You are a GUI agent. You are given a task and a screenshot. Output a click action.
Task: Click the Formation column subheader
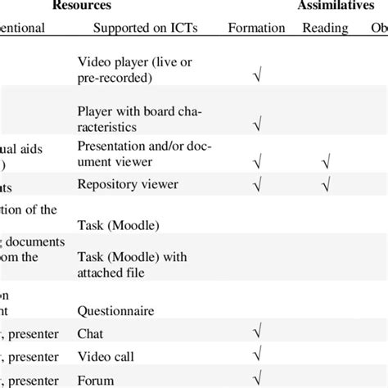click(x=256, y=28)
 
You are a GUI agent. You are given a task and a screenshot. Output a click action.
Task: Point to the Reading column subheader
click(x=325, y=28)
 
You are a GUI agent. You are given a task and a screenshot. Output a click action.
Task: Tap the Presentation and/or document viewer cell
click(x=138, y=152)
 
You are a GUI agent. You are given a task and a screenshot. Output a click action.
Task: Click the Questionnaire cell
click(x=115, y=310)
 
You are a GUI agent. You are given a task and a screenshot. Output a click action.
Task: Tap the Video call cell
click(x=102, y=356)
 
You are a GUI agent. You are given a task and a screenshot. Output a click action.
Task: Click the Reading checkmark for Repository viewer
click(x=325, y=186)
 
